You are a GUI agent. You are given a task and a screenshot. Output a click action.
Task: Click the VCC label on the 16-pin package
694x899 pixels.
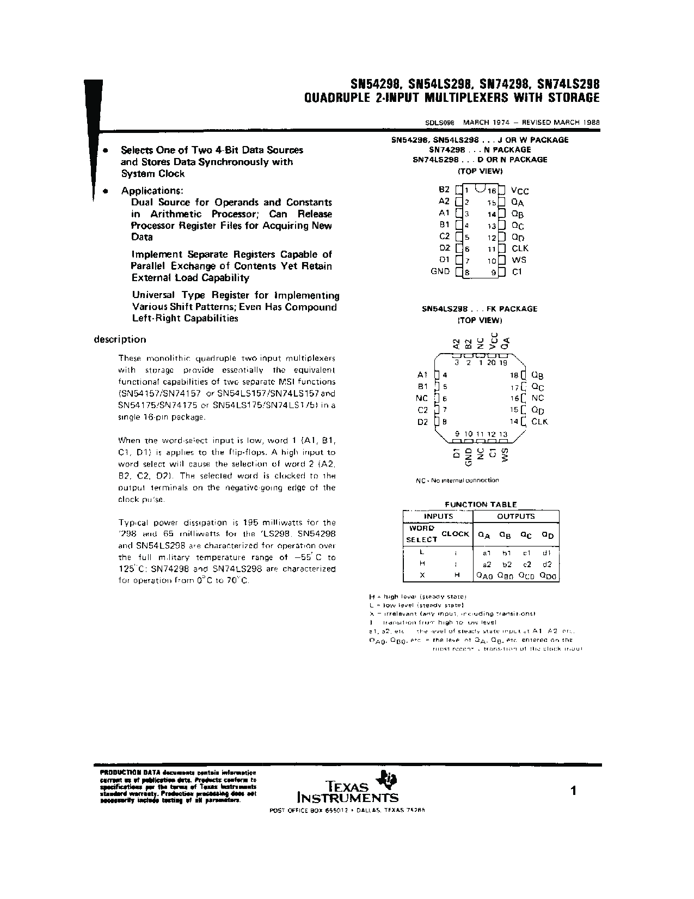pos(520,191)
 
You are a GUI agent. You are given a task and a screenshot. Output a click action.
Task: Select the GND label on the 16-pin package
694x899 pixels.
pos(440,271)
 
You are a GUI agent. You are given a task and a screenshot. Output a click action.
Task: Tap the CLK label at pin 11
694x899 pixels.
pos(520,248)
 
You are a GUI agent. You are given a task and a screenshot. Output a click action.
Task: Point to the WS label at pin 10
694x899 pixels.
pos(519,260)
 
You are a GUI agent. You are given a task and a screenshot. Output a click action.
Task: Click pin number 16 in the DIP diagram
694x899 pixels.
pos(492,191)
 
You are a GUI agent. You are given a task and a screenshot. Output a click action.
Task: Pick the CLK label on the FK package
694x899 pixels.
pos(539,422)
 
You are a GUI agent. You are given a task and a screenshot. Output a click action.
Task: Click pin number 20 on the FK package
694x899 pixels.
pos(492,363)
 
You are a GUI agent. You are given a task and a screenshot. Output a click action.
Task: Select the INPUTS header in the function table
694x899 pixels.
pos(438,516)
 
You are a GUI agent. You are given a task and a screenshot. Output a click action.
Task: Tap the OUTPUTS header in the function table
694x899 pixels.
pos(515,516)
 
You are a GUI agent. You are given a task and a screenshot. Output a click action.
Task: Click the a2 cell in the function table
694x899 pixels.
pos(487,564)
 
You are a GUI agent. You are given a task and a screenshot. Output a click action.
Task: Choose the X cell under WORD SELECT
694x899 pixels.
pos(422,575)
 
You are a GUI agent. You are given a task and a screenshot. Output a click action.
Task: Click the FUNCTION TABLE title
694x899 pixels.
pos(481,505)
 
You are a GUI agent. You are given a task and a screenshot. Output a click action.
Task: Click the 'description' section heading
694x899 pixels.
pos(120,339)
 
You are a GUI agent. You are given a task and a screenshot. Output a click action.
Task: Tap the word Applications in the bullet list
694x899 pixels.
pos(152,191)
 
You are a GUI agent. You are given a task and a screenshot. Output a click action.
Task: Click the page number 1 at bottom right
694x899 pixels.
pos(573,791)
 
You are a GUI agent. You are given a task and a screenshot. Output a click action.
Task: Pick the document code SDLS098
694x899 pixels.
pos(440,123)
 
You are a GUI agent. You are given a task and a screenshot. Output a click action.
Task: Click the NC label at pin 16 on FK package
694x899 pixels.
pos(537,398)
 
